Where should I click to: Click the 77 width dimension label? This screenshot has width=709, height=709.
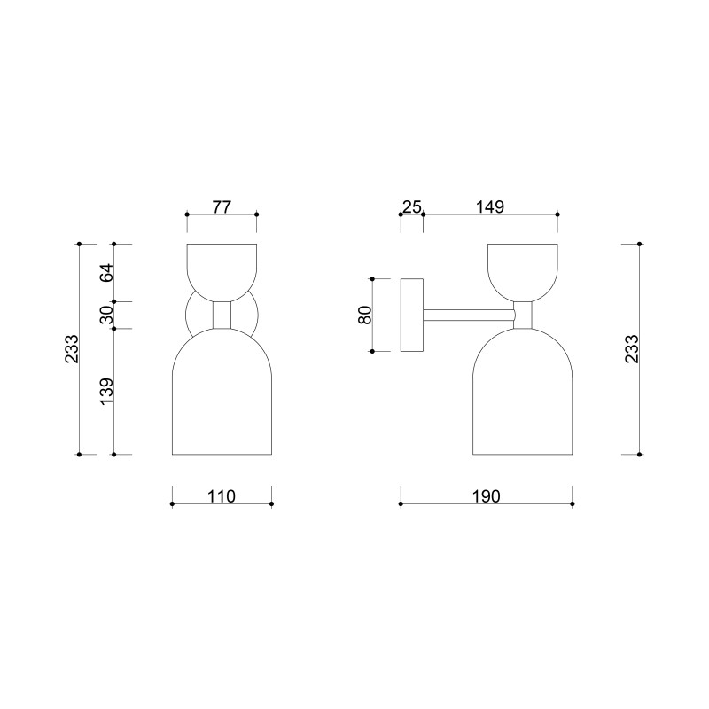[x=222, y=207]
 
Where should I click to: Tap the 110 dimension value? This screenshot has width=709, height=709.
[x=222, y=496]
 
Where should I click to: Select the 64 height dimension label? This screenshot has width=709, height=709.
[x=106, y=272]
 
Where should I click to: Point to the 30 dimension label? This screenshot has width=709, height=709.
[x=106, y=315]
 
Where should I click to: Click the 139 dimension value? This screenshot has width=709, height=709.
[x=106, y=392]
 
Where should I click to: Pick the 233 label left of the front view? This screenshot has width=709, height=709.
[x=72, y=348]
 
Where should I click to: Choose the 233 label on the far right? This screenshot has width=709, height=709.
[x=632, y=348]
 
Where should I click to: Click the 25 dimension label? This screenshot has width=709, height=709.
[x=412, y=207]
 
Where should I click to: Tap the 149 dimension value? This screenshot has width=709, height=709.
[x=490, y=207]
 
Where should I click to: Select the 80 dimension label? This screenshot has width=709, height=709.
[x=365, y=315]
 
